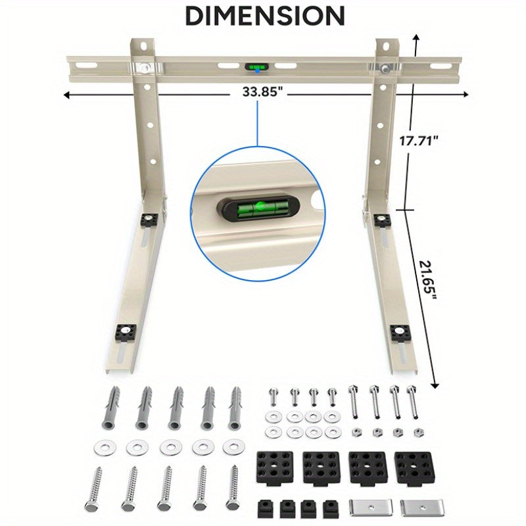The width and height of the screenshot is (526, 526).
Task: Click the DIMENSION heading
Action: click(x=264, y=15)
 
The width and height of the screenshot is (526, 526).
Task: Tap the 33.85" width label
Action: click(x=261, y=94)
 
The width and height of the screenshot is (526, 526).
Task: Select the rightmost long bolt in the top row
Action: click(x=412, y=402)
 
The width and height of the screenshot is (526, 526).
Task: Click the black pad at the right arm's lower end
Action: click(x=398, y=333)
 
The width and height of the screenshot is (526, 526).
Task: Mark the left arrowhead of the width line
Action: click(x=66, y=95)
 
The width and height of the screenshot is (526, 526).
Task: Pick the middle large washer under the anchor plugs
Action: click(x=170, y=447)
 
